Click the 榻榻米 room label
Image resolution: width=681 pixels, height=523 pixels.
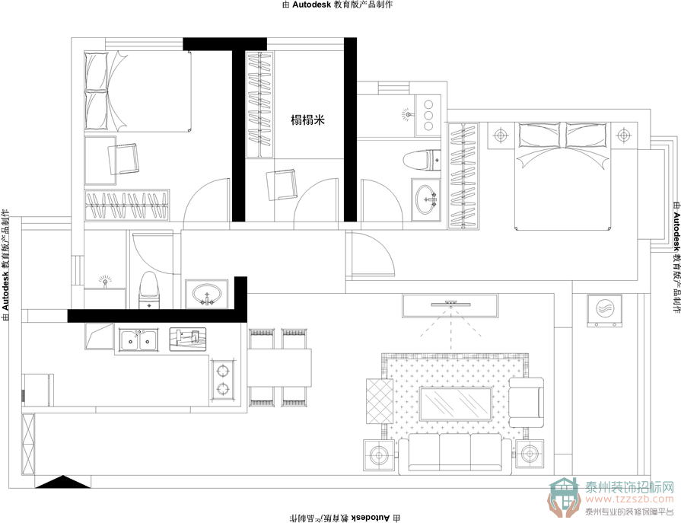tap(308, 120)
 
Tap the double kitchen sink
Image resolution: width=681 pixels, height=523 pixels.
tap(138, 340)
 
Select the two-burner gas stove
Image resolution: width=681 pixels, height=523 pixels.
tap(223, 381)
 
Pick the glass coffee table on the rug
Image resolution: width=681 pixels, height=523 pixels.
tap(455, 404)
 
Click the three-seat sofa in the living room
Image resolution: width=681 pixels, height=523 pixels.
tap(455, 455)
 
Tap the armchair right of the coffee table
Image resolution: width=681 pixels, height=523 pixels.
tap(527, 402)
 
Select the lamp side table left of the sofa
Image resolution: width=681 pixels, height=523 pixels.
tap(379, 455)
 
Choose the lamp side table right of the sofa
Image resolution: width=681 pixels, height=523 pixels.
tap(530, 454)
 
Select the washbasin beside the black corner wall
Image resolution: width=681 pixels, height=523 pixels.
tap(207, 294)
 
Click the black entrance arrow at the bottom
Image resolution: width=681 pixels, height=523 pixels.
tap(63, 482)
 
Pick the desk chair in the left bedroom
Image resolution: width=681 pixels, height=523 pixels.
tap(123, 159)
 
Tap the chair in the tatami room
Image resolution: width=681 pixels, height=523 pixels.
tap(282, 185)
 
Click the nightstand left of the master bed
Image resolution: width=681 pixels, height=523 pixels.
tap(501, 136)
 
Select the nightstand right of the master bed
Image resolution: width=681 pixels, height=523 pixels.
tap(624, 136)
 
